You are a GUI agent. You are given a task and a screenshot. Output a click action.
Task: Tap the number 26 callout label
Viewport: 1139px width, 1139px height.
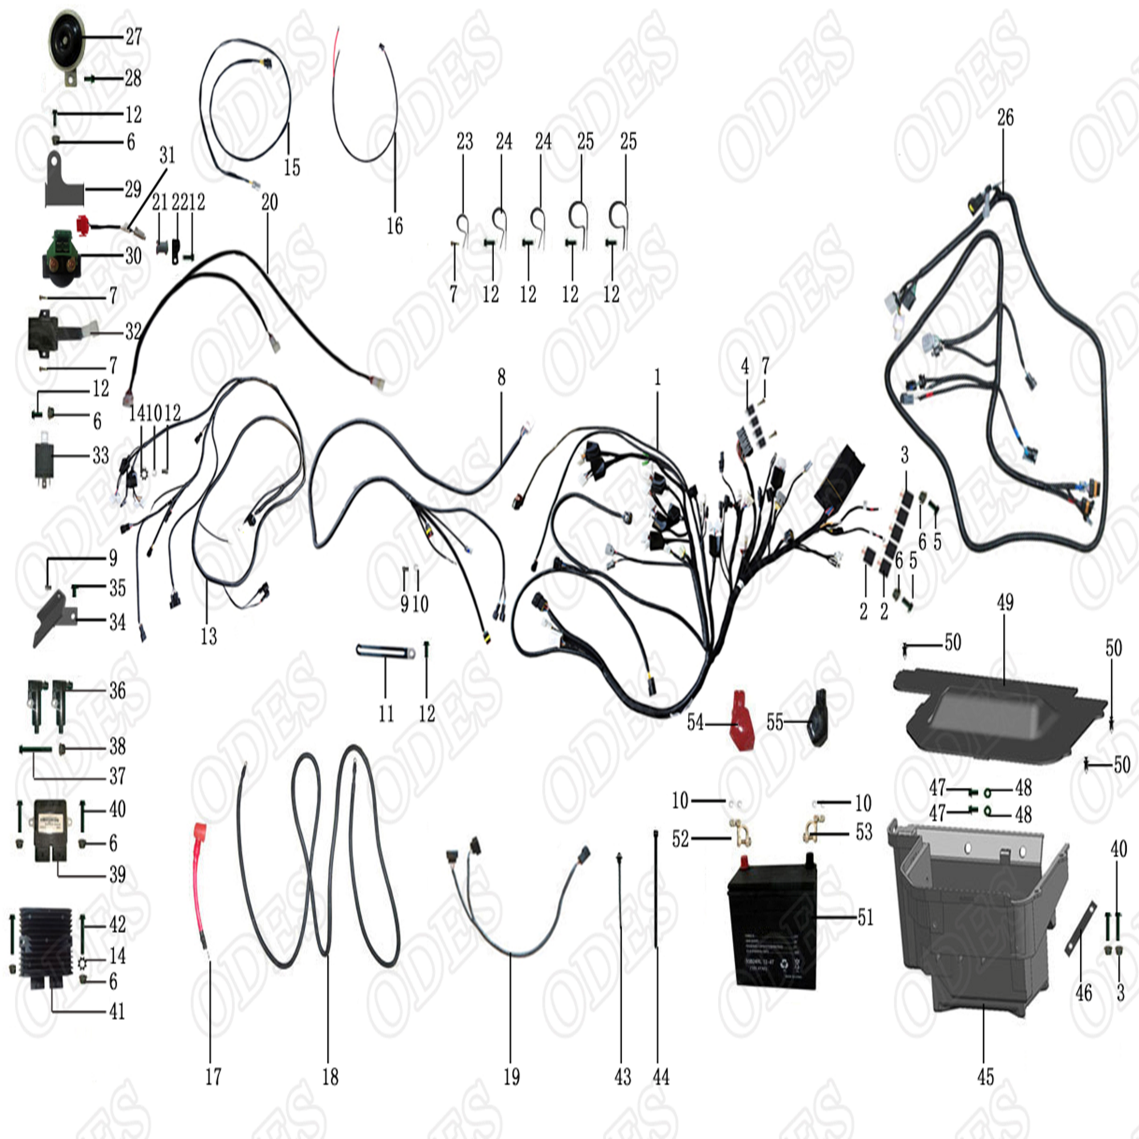pos(1005,117)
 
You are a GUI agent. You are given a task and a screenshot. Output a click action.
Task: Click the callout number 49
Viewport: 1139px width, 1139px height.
pos(1005,602)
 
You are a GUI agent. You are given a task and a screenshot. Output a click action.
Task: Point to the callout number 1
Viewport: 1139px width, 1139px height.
pos(657,377)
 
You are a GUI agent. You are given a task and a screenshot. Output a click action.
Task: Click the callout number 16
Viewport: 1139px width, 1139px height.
pos(394,225)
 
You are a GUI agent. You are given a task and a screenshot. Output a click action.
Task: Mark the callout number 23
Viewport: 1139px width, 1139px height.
pos(464,141)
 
